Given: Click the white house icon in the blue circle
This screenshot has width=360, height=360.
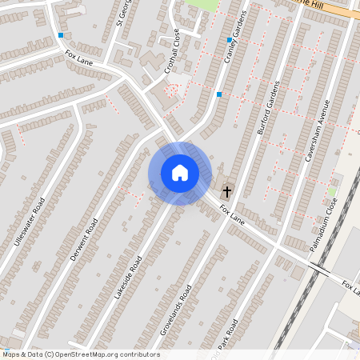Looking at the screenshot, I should click(179, 172).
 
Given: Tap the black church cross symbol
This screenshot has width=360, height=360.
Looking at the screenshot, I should click(227, 191).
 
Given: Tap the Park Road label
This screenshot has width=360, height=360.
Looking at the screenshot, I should click(229, 335).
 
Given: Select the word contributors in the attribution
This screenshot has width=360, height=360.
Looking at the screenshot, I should click(139, 354).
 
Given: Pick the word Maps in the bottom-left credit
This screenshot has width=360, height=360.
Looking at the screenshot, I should click(11, 354).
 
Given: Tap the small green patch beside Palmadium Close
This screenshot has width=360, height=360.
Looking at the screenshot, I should click(332, 192).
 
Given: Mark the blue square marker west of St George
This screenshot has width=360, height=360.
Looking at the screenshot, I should click(61, 35).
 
